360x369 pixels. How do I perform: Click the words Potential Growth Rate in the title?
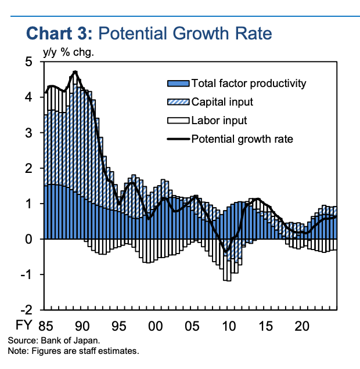[x=185, y=34]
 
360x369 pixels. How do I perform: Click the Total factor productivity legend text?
[x=249, y=84]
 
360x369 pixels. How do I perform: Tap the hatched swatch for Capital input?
[x=178, y=102]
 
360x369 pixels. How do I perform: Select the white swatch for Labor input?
[x=178, y=121]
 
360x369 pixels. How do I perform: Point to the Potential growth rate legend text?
[x=242, y=139]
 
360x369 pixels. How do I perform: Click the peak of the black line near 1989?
[x=75, y=72]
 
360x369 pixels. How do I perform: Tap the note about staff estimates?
[x=73, y=352]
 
